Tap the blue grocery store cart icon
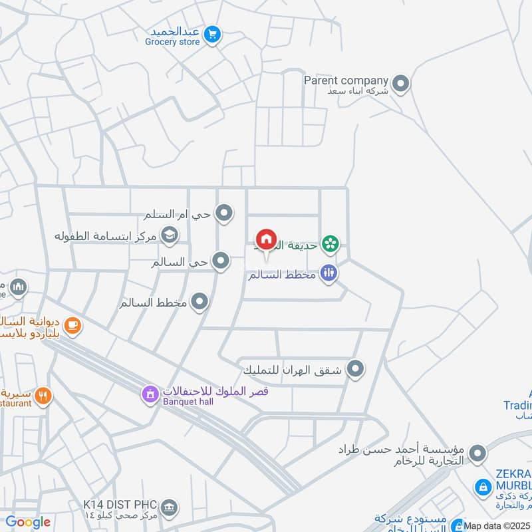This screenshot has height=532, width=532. tap(212, 32)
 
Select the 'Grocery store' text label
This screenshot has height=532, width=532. tap(172, 42)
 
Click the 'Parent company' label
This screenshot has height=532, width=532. tap(346, 80)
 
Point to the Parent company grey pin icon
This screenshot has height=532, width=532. tap(400, 84)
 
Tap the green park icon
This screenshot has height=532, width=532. tap(329, 244)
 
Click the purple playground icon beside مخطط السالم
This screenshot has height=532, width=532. tap(328, 272)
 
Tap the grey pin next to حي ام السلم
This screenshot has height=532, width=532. tap(225, 213)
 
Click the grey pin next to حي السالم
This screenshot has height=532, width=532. tap(220, 260)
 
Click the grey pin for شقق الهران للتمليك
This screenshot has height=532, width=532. tap(356, 368)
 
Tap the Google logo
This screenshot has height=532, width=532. tap(28, 522)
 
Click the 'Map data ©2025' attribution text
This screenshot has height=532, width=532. tap(497, 525)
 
